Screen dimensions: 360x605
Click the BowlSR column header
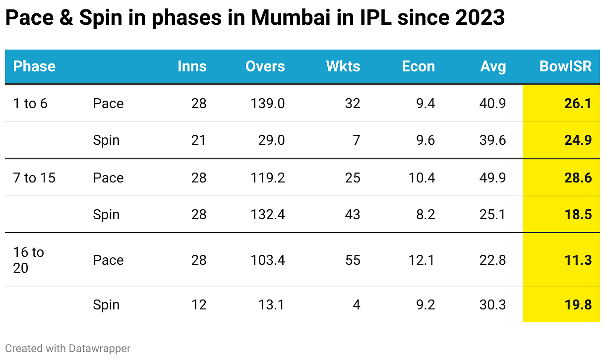pyautogui.click(x=565, y=66)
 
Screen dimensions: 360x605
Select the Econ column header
pyautogui.click(x=418, y=66)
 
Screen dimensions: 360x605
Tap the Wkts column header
pyautogui.click(x=343, y=66)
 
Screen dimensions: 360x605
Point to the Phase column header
pyautogui.click(x=34, y=66)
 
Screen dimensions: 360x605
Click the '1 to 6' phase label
pyautogui.click(x=30, y=104)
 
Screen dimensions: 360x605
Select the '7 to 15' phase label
pyautogui.click(x=34, y=178)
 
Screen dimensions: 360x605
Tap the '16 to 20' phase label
pyautogui.click(x=28, y=260)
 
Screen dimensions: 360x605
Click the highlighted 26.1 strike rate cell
pyautogui.click(x=578, y=104)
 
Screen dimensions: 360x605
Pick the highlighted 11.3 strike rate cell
pyautogui.click(x=578, y=260)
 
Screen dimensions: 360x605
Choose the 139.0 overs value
pyautogui.click(x=268, y=104)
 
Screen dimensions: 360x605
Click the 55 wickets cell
pyautogui.click(x=353, y=260)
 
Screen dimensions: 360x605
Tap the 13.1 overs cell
pyautogui.click(x=272, y=304)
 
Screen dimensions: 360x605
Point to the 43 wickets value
pyautogui.click(x=353, y=215)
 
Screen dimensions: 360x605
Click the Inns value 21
pyautogui.click(x=199, y=140)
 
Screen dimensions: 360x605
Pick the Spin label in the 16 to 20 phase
pyautogui.click(x=106, y=304)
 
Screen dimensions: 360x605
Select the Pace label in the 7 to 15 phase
pyautogui.click(x=108, y=178)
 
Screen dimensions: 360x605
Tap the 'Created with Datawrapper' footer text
pyautogui.click(x=68, y=349)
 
